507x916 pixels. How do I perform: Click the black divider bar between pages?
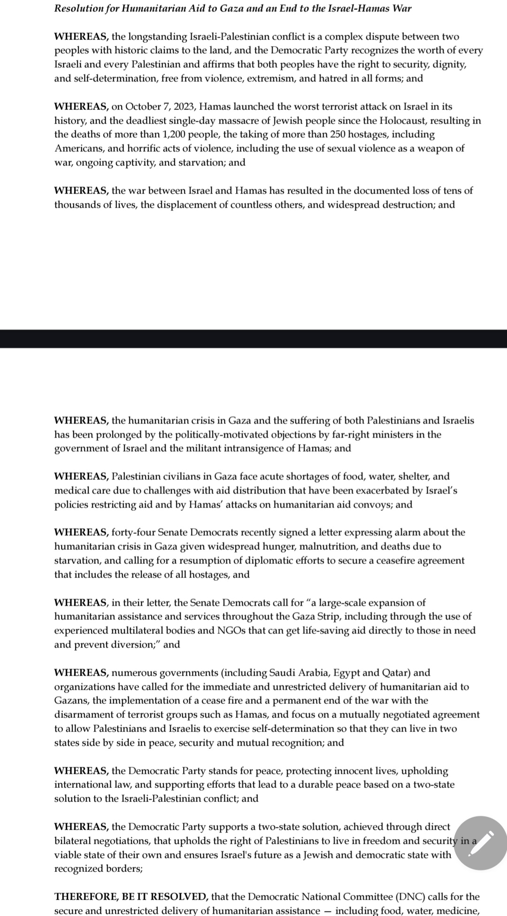pyautogui.click(x=253, y=339)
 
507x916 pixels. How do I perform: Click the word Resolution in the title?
pyautogui.click(x=78, y=8)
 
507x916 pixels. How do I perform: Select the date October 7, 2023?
pyautogui.click(x=160, y=107)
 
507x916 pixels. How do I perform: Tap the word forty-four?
pyautogui.click(x=133, y=532)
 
